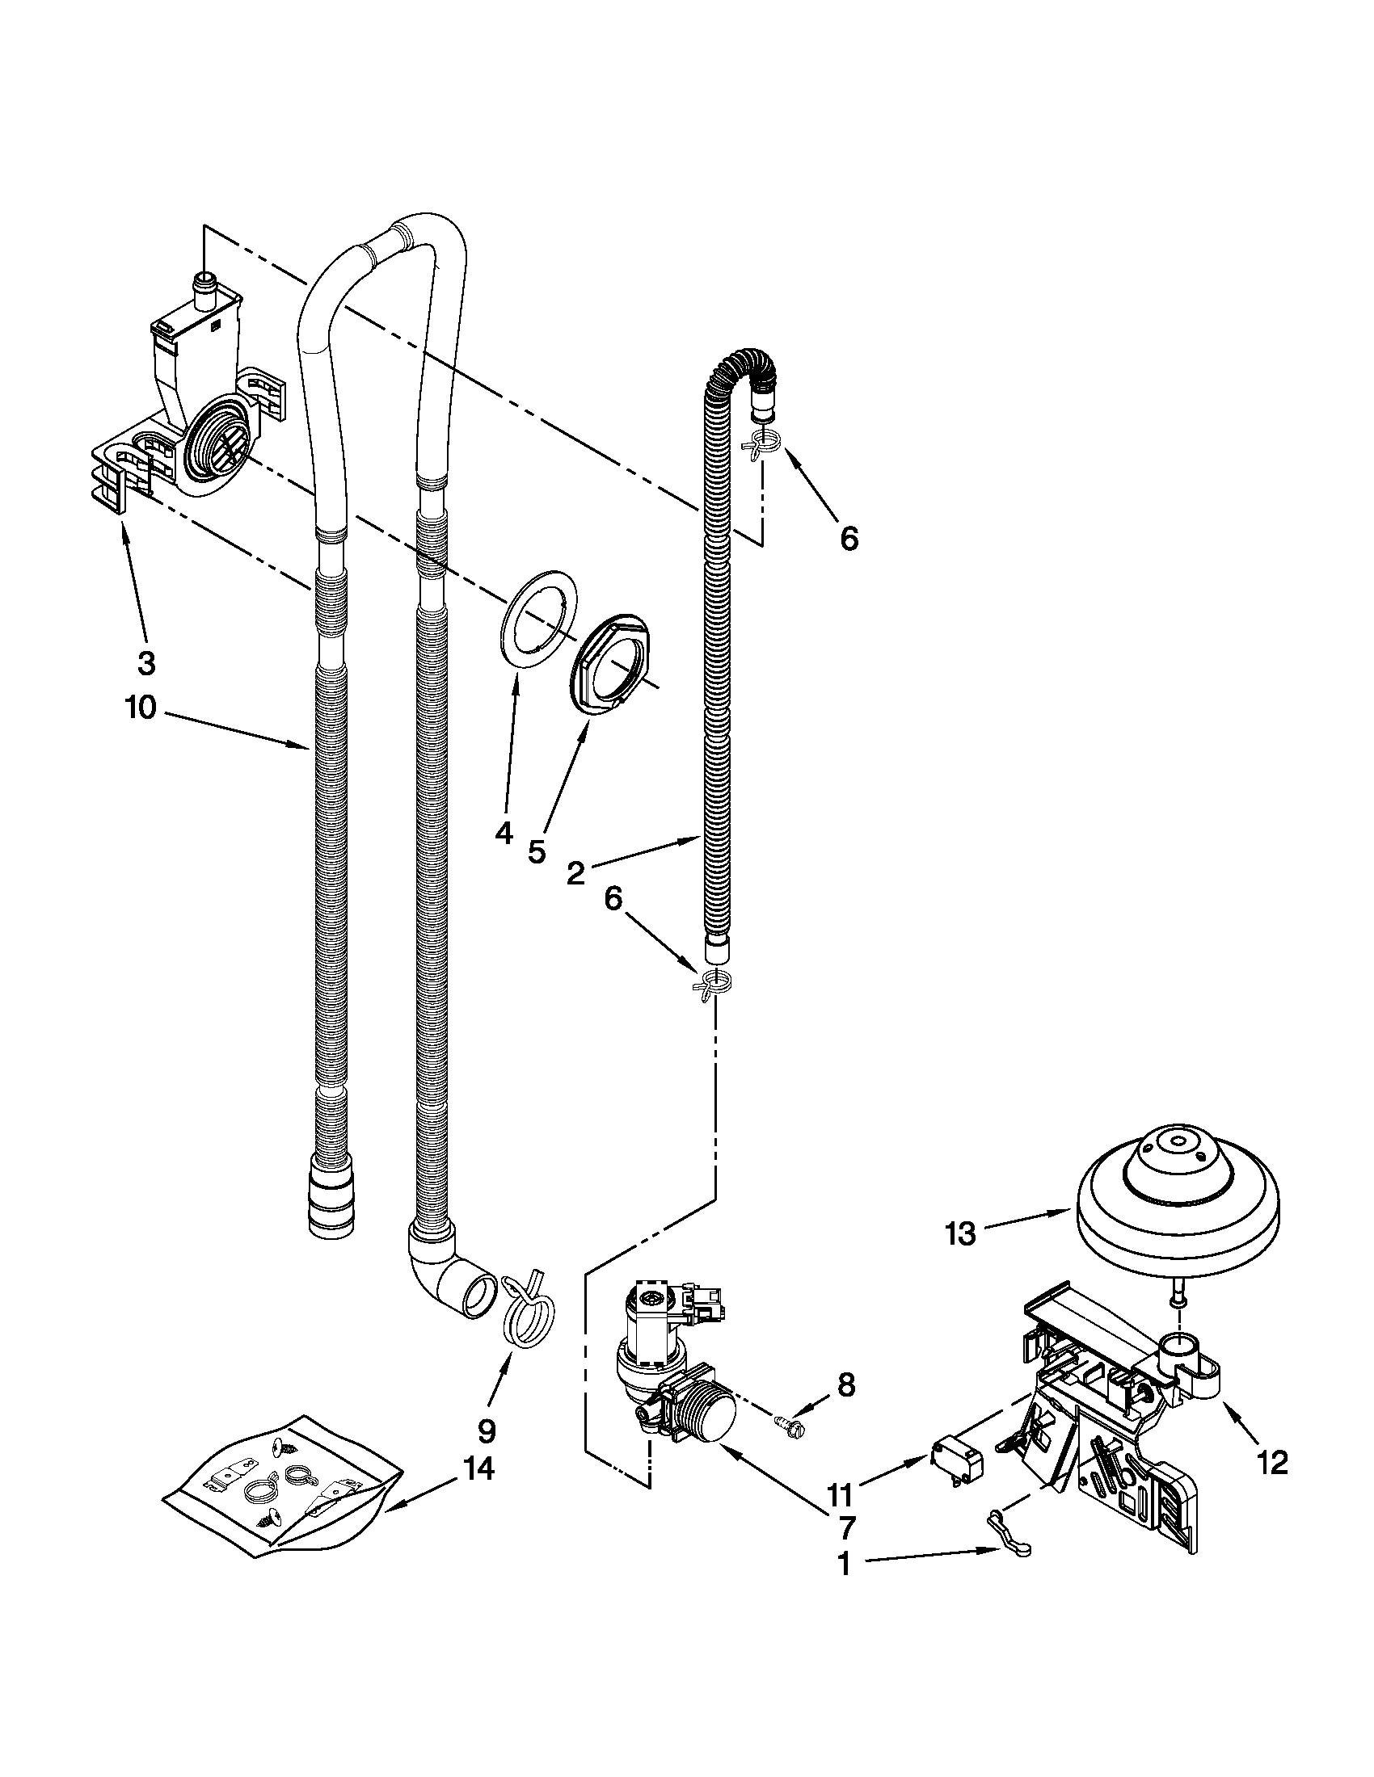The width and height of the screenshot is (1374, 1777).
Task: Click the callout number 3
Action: pos(145,663)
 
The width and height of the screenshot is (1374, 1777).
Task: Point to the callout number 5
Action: pos(537,851)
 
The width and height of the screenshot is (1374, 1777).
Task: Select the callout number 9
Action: pos(486,1429)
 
